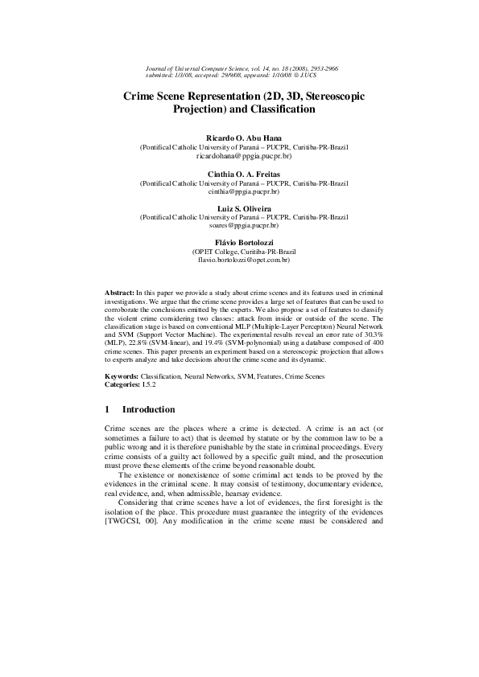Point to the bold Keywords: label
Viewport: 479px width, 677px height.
[x=122, y=376]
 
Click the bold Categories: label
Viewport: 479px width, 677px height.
[x=124, y=385]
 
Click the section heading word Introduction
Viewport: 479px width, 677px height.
[x=149, y=410]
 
